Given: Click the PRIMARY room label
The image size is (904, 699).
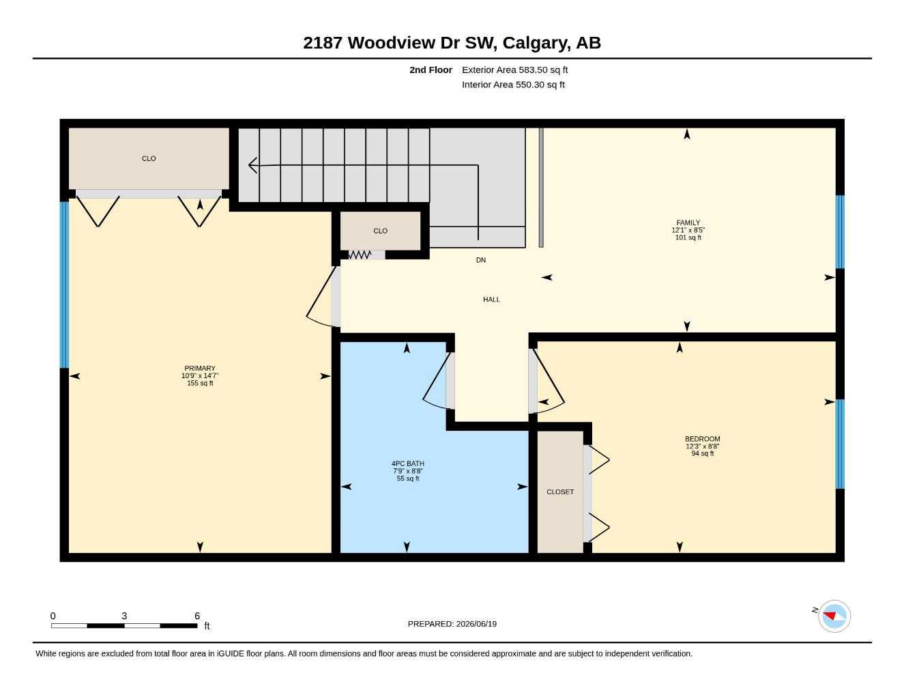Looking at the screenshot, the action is tap(200, 368).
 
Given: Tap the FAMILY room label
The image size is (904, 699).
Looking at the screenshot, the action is tap(688, 223).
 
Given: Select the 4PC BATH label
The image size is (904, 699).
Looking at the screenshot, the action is tap(408, 463).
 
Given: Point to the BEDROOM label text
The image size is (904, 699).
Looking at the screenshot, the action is tap(702, 438).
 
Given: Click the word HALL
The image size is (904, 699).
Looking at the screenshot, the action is tap(491, 299).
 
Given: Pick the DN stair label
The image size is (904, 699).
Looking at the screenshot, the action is tap(480, 260).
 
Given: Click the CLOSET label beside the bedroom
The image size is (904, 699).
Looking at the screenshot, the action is tap(560, 491).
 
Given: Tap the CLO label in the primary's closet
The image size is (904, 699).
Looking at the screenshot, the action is tap(149, 158).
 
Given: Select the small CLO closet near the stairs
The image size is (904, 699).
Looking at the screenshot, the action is tap(380, 231).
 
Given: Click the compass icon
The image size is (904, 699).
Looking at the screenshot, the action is tap(834, 616).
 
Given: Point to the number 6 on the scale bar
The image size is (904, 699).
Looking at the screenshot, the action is tap(196, 616).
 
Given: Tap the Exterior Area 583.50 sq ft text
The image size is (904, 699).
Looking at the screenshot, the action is tap(514, 70).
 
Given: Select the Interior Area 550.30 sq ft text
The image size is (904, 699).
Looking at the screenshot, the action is tap(513, 85).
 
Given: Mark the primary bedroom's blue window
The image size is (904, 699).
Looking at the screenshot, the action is tap(64, 285).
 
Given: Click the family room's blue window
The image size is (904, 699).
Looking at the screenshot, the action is tap(840, 232).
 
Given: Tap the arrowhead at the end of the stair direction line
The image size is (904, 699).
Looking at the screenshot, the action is tap(252, 165).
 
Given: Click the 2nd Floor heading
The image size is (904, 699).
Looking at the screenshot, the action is tap(431, 70).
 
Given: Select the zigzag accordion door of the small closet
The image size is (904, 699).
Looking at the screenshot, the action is tap(360, 255).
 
